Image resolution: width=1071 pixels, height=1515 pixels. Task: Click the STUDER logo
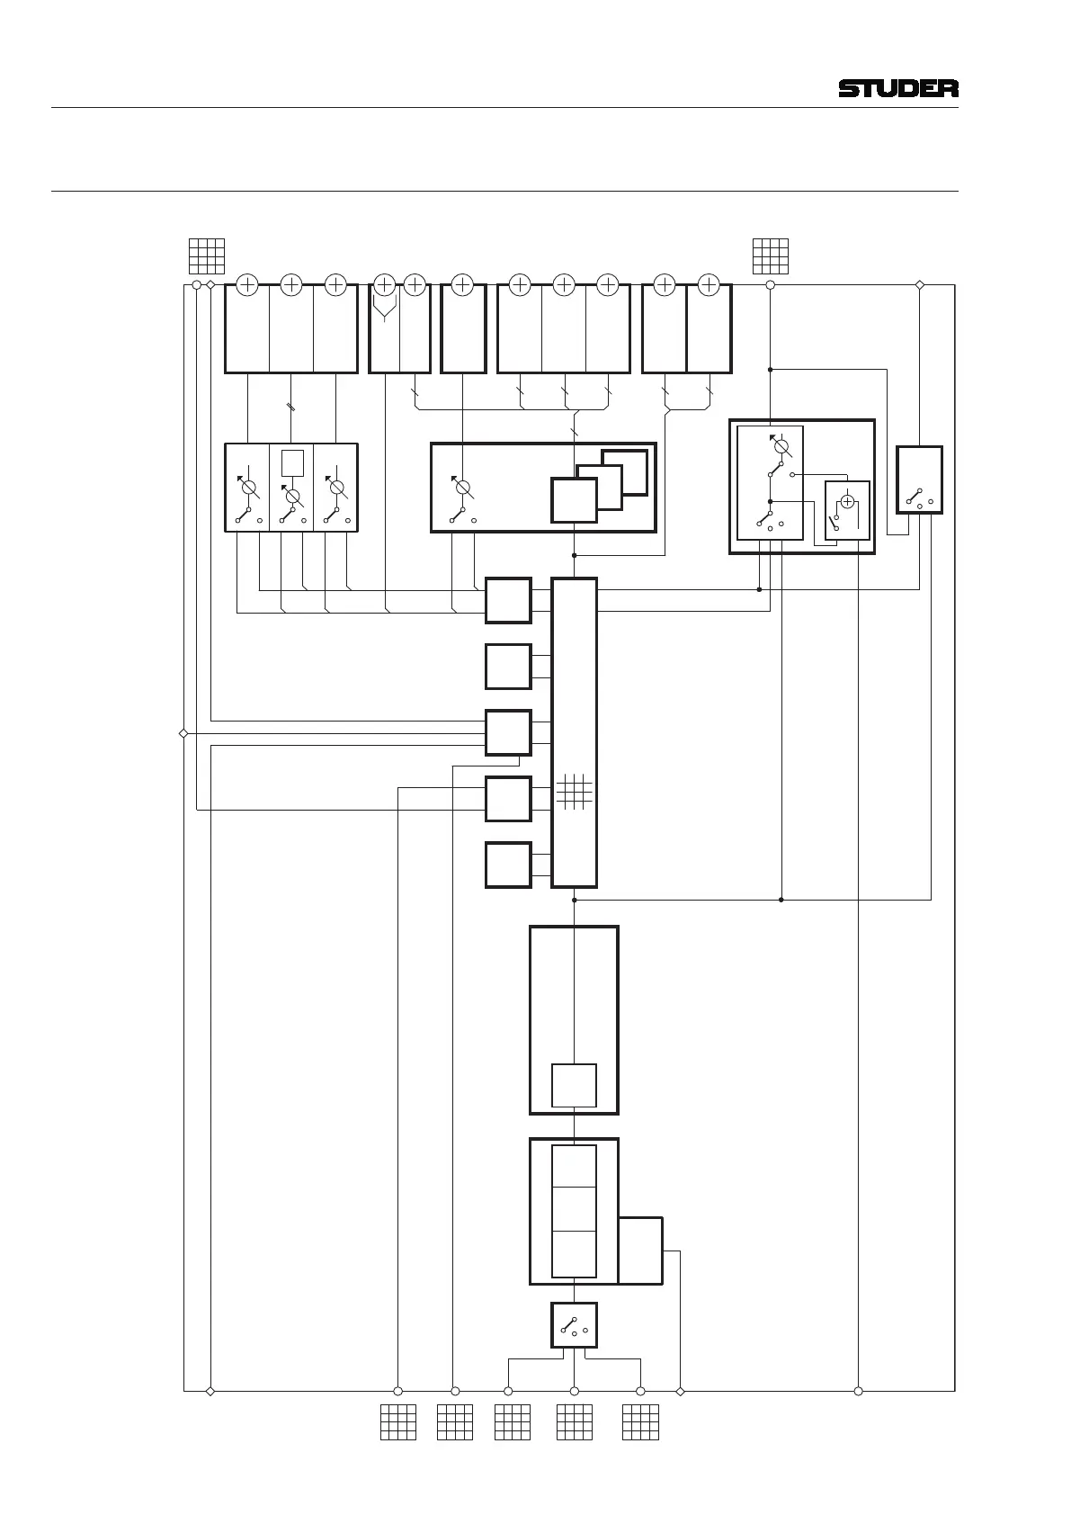[x=898, y=88]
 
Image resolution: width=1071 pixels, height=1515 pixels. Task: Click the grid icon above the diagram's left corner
[x=206, y=256]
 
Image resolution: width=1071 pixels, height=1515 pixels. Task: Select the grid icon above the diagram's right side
[x=771, y=256]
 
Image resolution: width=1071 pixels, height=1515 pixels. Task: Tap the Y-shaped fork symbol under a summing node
[x=385, y=309]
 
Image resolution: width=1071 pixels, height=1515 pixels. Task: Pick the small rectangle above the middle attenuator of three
[x=292, y=463]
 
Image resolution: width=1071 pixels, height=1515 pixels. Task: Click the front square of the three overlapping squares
[x=574, y=500]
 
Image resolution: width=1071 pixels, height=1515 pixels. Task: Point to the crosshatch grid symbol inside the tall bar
[x=574, y=792]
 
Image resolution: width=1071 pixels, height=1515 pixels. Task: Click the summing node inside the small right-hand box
[x=847, y=501]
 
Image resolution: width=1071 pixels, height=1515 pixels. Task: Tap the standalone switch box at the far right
[x=920, y=480]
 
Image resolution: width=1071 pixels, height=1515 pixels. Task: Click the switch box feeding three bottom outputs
[x=574, y=1325]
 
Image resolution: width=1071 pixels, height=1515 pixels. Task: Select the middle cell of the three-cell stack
[x=574, y=1208]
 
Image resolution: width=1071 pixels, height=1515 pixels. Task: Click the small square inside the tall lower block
[x=574, y=1086]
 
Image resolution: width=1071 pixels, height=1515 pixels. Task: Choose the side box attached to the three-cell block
[x=640, y=1251]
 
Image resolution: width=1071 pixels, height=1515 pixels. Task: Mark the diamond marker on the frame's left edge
[x=183, y=733]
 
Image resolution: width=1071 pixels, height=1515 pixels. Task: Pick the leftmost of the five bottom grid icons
[x=398, y=1422]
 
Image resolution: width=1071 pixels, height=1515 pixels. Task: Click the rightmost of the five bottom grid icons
[x=640, y=1422]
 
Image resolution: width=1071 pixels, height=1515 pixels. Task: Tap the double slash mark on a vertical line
[x=291, y=408]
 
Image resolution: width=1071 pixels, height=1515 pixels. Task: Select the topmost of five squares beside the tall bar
[x=508, y=601]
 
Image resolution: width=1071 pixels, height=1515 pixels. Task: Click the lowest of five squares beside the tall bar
[x=508, y=865]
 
